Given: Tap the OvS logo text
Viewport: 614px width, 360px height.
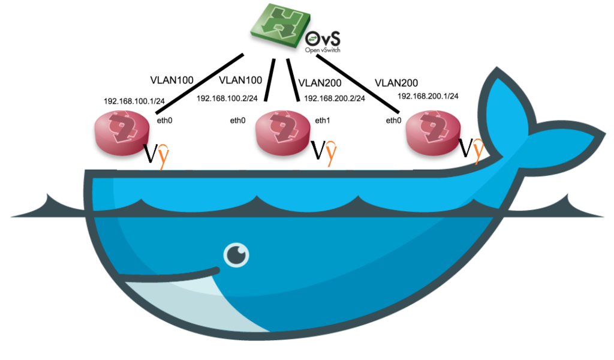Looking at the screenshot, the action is (x=323, y=41).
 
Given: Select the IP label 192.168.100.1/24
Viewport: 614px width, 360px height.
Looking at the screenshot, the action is (x=134, y=101).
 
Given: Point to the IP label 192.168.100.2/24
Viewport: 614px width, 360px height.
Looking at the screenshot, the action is (x=227, y=98).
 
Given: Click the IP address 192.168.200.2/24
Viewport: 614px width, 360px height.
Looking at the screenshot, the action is (x=335, y=98).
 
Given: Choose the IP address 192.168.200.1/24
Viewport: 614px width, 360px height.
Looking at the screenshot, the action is (x=428, y=96).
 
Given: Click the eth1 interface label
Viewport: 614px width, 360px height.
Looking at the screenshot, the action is (x=322, y=120).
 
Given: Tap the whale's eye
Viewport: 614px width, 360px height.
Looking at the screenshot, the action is (x=236, y=255).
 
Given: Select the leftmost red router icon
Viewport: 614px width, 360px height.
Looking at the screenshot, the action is (x=122, y=133).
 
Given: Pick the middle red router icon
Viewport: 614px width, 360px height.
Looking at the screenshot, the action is (x=283, y=133).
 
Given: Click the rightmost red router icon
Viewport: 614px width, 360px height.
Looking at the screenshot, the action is (x=433, y=133).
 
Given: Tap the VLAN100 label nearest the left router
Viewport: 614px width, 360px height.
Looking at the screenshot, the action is (x=172, y=80).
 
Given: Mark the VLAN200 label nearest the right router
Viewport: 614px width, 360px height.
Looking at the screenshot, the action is (x=396, y=83).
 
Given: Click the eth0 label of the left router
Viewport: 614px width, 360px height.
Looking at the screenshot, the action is (x=164, y=120).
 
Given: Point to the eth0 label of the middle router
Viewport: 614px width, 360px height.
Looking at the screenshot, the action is (x=237, y=120).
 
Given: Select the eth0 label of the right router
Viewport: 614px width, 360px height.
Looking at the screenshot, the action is (x=393, y=120).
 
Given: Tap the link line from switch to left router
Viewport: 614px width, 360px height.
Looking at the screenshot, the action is (x=200, y=84).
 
